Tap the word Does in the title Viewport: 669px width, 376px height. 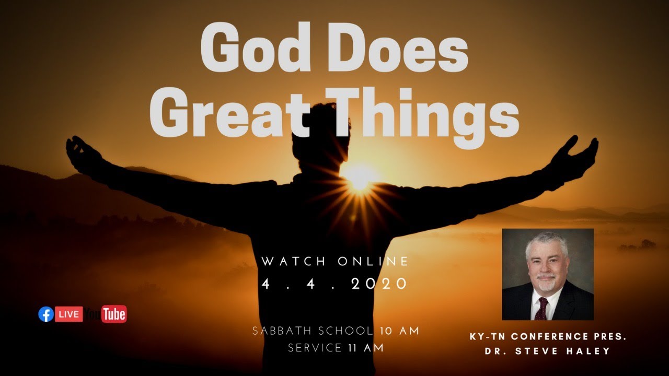click(x=397, y=50)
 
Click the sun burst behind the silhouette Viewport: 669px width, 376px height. click(x=360, y=178)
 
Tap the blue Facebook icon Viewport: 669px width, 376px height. click(x=46, y=314)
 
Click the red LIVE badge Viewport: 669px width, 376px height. click(x=69, y=314)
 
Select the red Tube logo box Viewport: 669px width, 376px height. click(x=114, y=314)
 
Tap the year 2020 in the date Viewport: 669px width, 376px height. click(x=379, y=284)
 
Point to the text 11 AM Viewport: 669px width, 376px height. click(x=366, y=348)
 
